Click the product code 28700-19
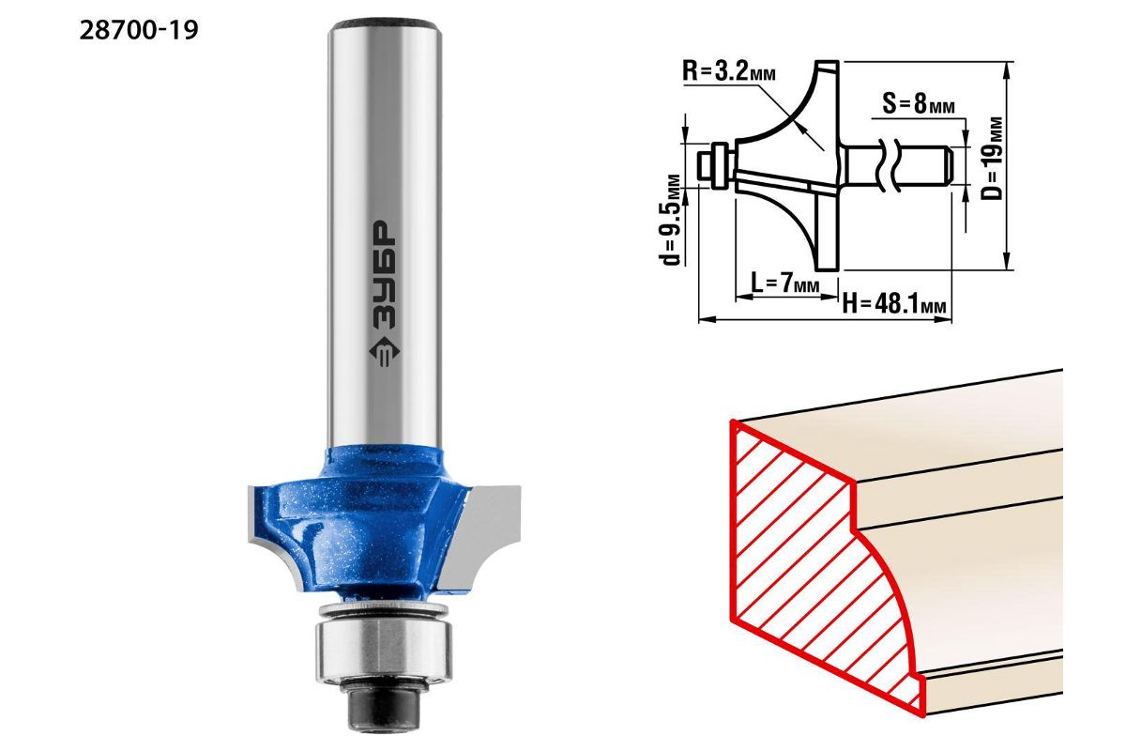[139, 31]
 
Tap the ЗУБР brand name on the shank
[385, 275]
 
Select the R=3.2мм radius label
[729, 72]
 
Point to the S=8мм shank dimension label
[919, 104]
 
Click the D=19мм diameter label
[992, 159]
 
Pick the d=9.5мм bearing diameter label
[669, 220]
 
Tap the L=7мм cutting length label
[785, 284]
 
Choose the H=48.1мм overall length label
[894, 303]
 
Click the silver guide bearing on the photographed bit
[384, 651]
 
